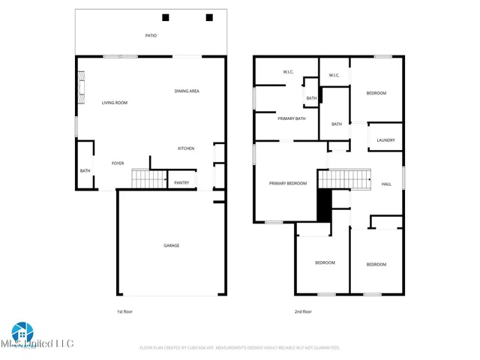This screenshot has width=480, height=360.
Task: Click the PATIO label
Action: [x=151, y=35]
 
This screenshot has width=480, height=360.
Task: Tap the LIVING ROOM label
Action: [x=115, y=103]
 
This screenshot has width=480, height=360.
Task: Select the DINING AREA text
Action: [x=187, y=91]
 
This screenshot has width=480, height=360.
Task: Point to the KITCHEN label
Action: [x=186, y=148]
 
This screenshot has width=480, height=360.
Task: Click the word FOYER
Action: [x=118, y=163]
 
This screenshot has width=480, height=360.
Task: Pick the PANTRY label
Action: [x=181, y=182]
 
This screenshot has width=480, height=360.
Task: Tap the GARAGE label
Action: [x=172, y=245]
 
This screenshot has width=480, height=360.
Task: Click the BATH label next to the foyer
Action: [x=85, y=170]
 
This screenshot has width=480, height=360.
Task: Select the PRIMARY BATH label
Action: [x=292, y=118]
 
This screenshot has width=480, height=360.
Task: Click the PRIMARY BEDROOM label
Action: [x=288, y=184]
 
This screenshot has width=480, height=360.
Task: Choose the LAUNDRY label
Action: [x=385, y=139]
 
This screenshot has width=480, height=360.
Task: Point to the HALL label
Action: [x=386, y=184]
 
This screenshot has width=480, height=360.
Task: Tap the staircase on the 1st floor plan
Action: [x=149, y=179]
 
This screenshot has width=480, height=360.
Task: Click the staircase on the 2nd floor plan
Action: [x=346, y=179]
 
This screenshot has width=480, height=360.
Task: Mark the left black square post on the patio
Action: [x=166, y=17]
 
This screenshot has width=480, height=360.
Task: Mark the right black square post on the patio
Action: [x=209, y=17]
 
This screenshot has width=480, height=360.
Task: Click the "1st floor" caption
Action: [x=124, y=311]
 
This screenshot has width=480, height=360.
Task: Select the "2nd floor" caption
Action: [x=303, y=311]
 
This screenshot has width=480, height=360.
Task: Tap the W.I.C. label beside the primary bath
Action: [x=288, y=72]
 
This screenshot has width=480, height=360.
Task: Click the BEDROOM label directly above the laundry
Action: [x=376, y=93]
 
